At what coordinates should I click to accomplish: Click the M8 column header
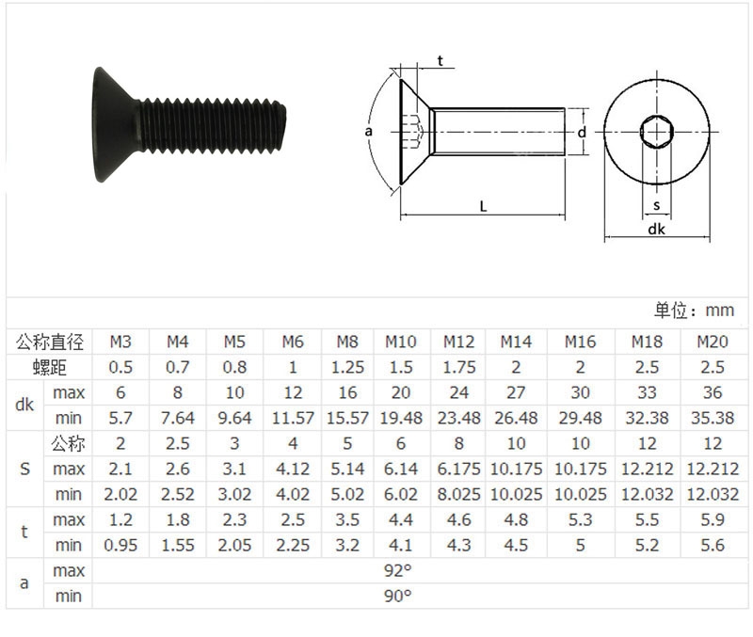(x=347, y=342)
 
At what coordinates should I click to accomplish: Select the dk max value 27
(x=516, y=392)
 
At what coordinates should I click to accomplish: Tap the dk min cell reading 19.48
(x=401, y=418)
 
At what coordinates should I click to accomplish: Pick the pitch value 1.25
(x=347, y=367)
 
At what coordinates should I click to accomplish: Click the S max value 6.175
(x=458, y=469)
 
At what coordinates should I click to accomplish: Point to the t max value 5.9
(x=713, y=520)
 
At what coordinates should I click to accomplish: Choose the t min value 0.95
(x=120, y=546)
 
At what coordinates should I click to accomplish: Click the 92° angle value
(x=397, y=571)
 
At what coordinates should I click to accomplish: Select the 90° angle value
(x=397, y=597)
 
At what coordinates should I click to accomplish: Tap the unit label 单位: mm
(x=694, y=311)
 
